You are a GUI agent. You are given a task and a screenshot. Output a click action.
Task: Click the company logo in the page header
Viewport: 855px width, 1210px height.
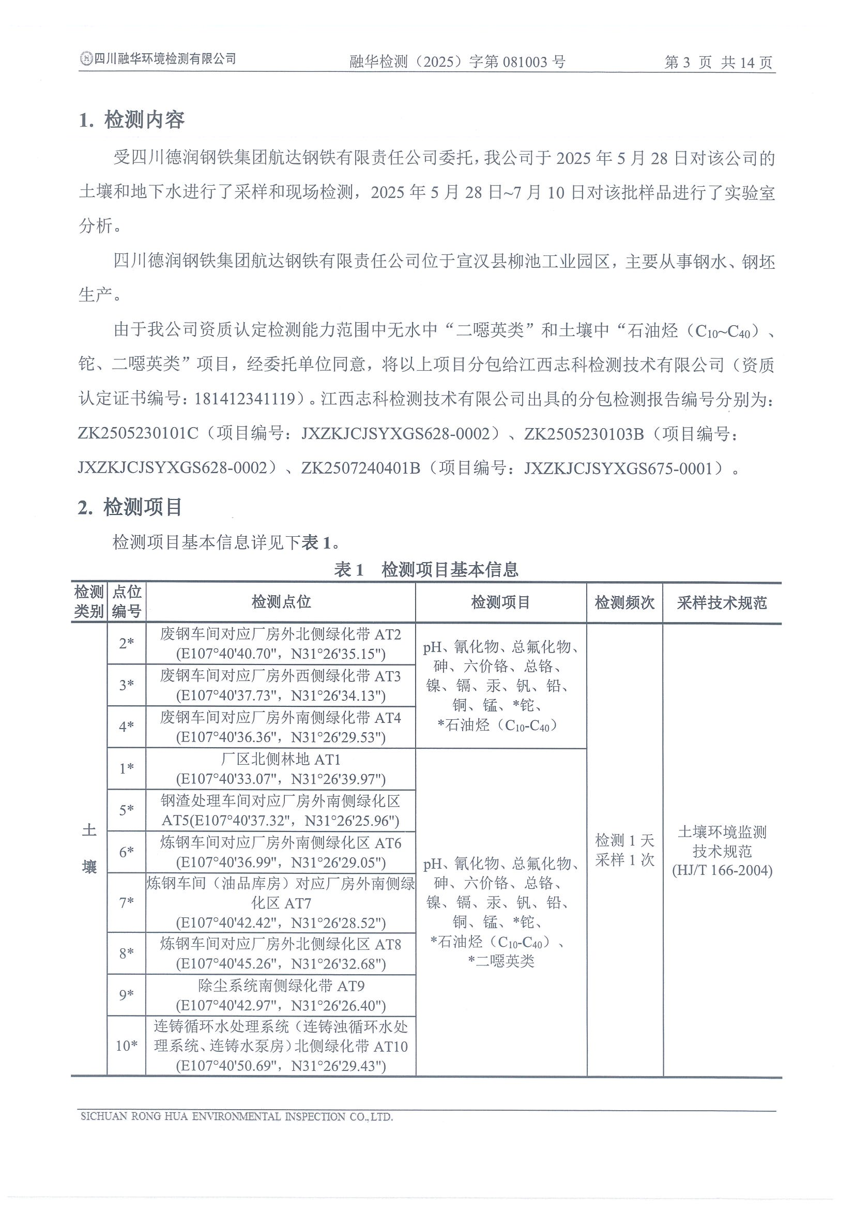[x=85, y=59]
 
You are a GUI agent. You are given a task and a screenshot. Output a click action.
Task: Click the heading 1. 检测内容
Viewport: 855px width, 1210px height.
[x=132, y=120]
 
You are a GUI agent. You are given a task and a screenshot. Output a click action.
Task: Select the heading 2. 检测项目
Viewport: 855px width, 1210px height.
[x=130, y=507]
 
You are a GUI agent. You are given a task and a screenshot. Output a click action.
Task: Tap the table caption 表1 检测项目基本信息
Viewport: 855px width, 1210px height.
[x=426, y=569]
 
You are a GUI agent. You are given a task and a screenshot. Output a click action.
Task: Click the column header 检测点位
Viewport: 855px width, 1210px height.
[x=281, y=602]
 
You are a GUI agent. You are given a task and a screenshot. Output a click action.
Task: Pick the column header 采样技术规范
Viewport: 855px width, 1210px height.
[x=721, y=602]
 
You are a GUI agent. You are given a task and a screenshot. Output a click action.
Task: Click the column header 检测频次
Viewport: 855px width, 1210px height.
[x=624, y=602]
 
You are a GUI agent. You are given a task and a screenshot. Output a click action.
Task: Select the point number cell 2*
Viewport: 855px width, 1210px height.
[x=127, y=643]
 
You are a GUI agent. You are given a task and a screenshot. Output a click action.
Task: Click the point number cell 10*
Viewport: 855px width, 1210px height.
[x=127, y=1046]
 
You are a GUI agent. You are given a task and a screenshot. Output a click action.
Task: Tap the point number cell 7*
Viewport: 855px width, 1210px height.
[x=127, y=903]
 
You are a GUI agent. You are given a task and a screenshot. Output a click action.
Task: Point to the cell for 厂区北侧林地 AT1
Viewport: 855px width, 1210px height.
[x=281, y=769]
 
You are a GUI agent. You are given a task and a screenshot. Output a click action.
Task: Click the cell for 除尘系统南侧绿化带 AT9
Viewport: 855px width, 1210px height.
[x=281, y=995]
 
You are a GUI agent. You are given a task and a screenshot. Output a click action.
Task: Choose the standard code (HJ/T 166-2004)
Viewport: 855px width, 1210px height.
[x=722, y=870]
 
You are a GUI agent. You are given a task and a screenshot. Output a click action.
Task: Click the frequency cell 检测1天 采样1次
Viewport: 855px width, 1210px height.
[x=624, y=850]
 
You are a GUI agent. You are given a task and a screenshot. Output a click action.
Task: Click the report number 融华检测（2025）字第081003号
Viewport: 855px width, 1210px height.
[x=457, y=62]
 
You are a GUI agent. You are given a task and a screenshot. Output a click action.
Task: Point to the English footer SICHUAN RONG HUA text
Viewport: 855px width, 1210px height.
[x=237, y=1116]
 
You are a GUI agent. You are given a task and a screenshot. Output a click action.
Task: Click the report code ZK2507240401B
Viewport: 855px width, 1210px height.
[x=361, y=468]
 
